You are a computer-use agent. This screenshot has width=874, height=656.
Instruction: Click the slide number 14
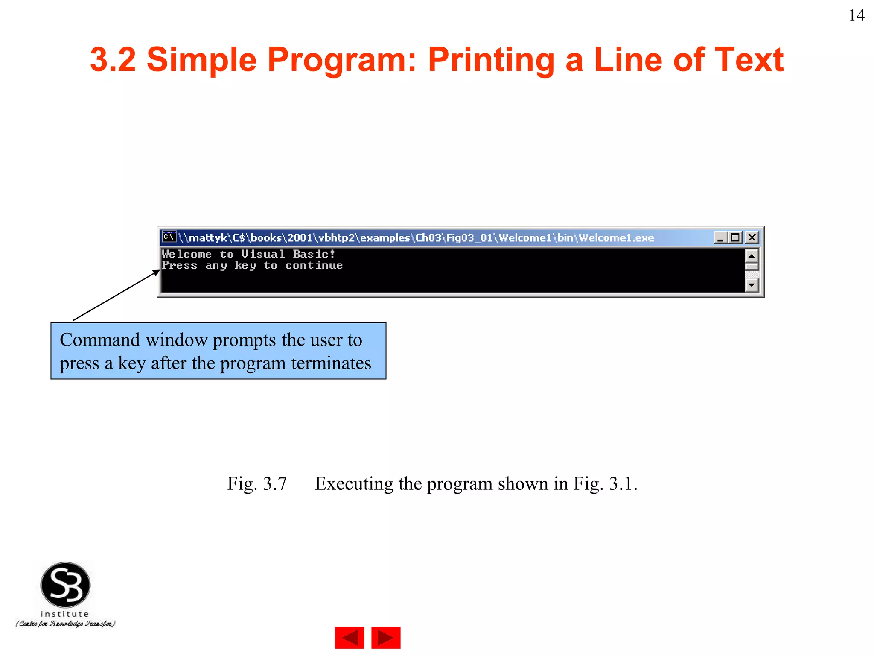[x=857, y=16]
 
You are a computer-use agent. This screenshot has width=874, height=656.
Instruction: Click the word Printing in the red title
[x=491, y=60]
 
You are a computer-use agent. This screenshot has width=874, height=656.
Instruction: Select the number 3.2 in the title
[x=113, y=60]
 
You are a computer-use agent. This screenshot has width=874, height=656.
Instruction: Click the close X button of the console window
[x=752, y=237]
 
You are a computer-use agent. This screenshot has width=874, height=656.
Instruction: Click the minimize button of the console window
[x=720, y=237]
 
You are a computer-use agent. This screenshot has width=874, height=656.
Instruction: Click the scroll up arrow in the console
[x=752, y=256]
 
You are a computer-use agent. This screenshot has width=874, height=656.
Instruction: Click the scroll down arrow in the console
[x=752, y=285]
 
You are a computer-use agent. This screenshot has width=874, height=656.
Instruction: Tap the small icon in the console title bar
[x=169, y=237]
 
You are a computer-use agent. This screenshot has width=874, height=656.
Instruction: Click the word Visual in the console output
[x=263, y=254]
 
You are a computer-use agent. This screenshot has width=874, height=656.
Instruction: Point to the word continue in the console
[x=314, y=266]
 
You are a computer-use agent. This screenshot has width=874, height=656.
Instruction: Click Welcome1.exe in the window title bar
[x=616, y=238]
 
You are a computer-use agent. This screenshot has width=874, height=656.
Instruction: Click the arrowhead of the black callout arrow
[x=156, y=272]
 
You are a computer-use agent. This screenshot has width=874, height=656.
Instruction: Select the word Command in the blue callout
[x=100, y=340]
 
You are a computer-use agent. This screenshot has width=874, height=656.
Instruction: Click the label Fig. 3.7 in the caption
[x=257, y=484]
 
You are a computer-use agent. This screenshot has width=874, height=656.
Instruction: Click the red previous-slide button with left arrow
[x=350, y=638]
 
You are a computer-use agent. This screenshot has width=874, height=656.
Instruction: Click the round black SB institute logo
[x=65, y=585]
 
